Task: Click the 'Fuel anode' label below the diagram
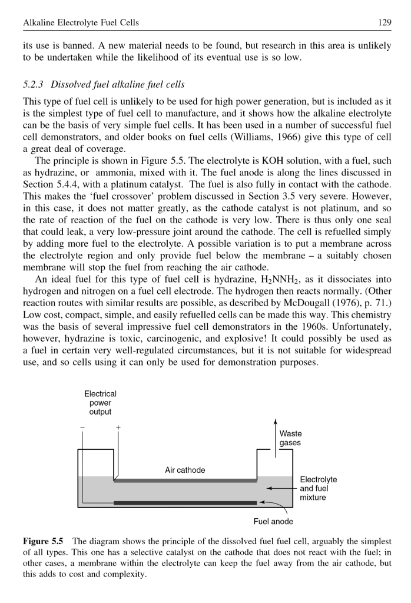tap(273, 521)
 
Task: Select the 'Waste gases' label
tap(290, 438)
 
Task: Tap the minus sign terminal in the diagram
tap(82, 428)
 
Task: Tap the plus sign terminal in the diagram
tap(118, 428)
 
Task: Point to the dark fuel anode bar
tap(185, 503)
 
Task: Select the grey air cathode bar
tap(185, 481)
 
